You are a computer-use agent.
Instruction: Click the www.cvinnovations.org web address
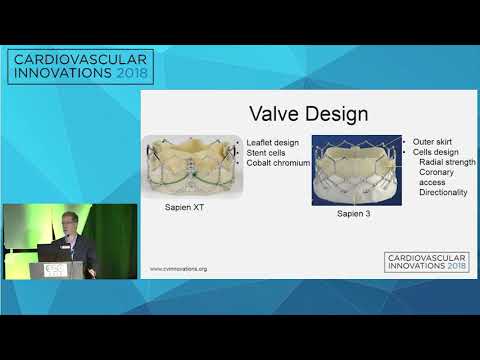pos(186,268)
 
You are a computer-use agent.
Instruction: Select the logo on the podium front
pos(57,271)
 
